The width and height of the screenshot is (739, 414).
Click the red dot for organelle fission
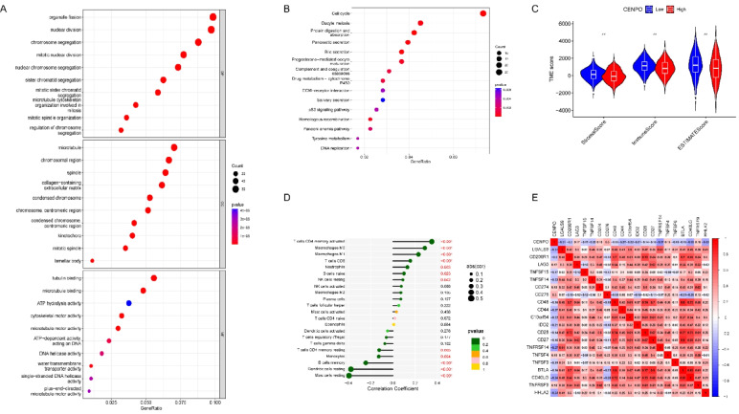coord(213,17)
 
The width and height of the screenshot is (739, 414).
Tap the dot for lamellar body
coord(92,259)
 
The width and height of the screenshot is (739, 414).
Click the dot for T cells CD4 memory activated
coord(433,242)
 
